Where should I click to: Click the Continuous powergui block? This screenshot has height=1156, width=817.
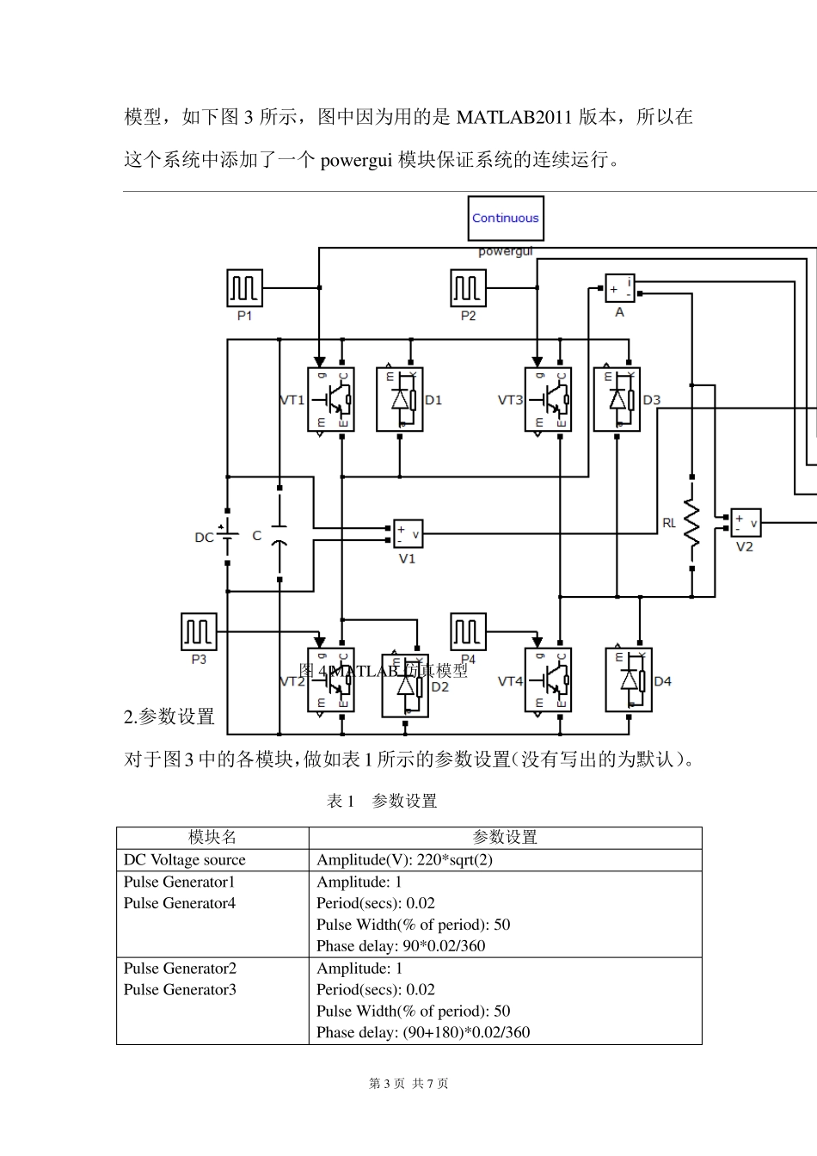(x=505, y=218)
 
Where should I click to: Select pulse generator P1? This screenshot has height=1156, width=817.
(x=244, y=287)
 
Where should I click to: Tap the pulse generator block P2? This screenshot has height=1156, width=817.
(x=468, y=287)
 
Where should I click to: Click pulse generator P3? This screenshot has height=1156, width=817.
(x=199, y=632)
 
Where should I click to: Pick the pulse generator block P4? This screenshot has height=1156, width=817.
(x=468, y=632)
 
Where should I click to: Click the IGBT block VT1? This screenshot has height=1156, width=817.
(x=330, y=400)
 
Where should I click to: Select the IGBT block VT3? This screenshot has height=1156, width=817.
(x=548, y=400)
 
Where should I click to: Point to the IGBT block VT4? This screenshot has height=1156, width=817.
(x=548, y=680)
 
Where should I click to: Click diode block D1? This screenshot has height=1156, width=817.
(x=400, y=400)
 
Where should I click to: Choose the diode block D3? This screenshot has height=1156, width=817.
(x=617, y=400)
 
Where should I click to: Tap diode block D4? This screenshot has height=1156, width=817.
(x=629, y=680)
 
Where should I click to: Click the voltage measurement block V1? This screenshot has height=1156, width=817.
(x=408, y=534)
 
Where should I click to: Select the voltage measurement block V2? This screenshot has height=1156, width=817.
(x=745, y=522)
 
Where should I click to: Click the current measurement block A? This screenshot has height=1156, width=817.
(x=619, y=288)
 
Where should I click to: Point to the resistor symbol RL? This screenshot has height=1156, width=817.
(x=691, y=522)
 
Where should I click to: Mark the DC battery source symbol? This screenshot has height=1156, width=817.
(x=227, y=538)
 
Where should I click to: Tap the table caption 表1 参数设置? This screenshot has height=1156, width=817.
(x=382, y=801)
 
